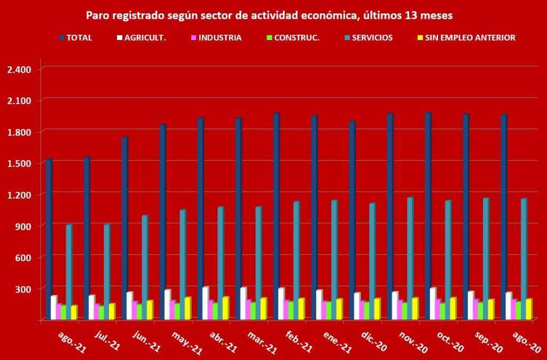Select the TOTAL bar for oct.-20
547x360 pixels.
(x=428, y=216)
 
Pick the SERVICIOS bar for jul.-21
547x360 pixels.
(x=107, y=272)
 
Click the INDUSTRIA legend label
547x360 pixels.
(x=221, y=38)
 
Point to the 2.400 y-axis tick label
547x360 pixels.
(x=20, y=69)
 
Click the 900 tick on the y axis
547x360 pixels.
(x=24, y=226)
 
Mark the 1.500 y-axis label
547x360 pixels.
(x=20, y=163)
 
